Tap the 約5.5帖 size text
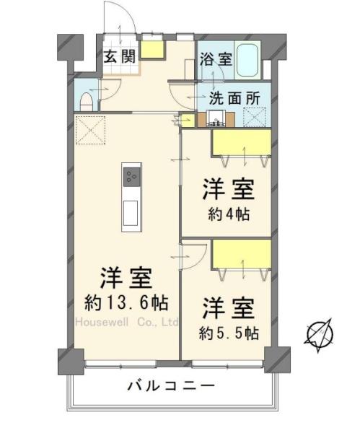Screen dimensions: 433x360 pyautogui.click(x=229, y=333)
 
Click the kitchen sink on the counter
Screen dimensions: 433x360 pyautogui.click(x=132, y=212)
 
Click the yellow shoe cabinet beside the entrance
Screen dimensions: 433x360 pyautogui.click(x=153, y=49)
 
